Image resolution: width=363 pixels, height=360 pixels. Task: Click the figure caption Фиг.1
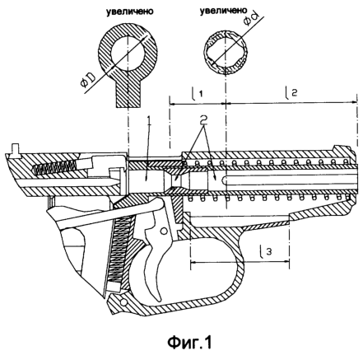(189, 342)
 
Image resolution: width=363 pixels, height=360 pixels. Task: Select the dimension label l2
(291, 92)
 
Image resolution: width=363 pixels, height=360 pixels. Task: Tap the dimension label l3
(266, 251)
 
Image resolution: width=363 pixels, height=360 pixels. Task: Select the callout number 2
(203, 119)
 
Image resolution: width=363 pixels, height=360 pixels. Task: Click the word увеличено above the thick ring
(130, 12)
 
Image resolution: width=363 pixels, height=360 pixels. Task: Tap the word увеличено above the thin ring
(223, 11)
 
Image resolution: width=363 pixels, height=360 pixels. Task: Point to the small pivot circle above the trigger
(164, 231)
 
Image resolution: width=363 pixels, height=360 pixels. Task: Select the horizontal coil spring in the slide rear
(54, 166)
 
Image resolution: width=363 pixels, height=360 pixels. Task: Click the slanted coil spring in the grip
(119, 250)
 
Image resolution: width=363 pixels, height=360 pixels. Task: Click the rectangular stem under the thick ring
(128, 94)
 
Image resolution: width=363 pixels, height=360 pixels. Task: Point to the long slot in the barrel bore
(290, 180)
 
